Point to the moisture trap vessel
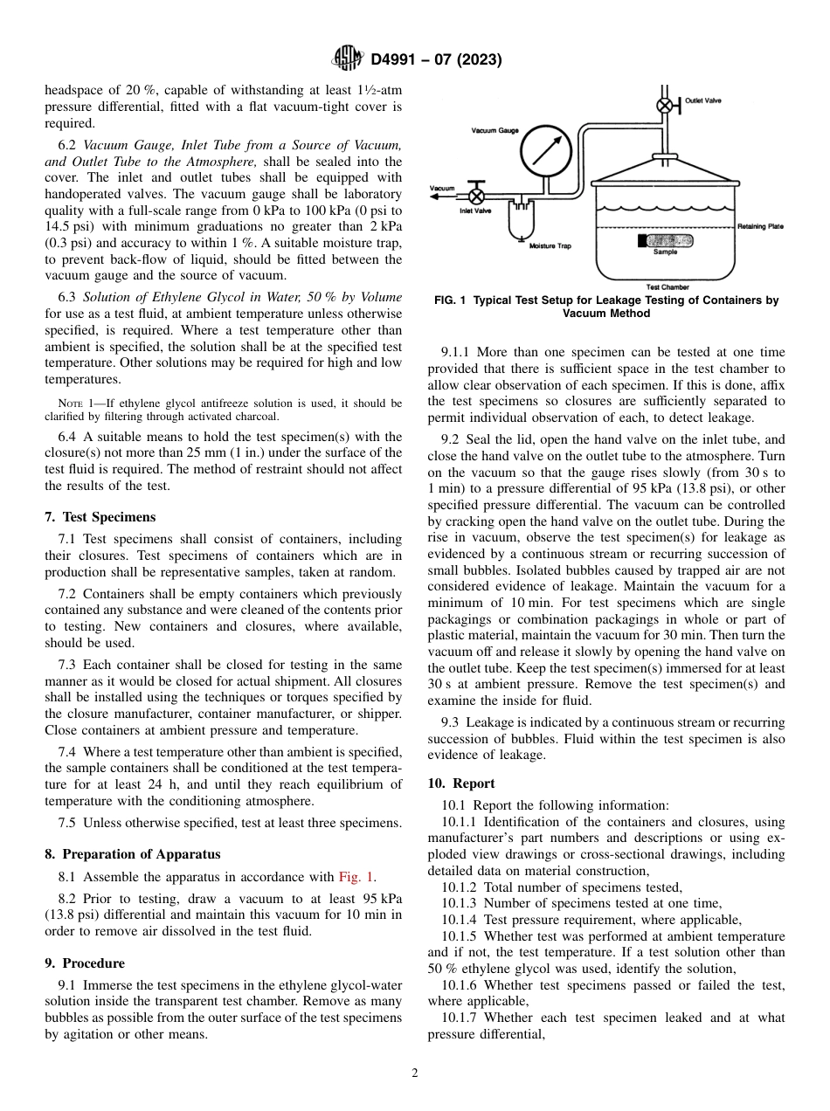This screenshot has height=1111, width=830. (x=522, y=224)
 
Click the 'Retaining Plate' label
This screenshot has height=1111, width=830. (x=760, y=226)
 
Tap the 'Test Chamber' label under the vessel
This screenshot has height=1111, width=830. (x=667, y=286)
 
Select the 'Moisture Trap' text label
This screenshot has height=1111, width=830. (x=550, y=246)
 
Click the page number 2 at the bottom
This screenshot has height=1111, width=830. (x=415, y=1073)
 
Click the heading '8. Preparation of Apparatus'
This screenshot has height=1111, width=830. (x=132, y=854)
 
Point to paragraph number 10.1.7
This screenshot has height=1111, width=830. (x=460, y=1018)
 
